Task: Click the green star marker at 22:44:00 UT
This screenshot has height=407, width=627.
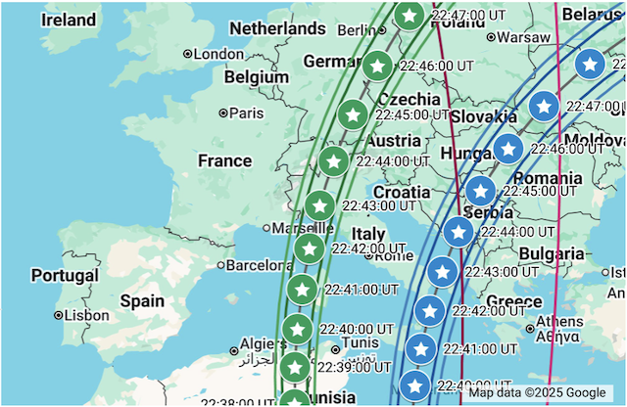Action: tap(334, 160)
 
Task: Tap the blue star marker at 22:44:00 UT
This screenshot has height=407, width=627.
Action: tap(458, 232)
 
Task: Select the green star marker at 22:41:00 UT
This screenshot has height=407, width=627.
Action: tap(303, 290)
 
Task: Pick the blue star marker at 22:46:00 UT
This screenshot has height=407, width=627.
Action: tap(507, 149)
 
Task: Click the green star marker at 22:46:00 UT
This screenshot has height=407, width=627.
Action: tap(377, 67)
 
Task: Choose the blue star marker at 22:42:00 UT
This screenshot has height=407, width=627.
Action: tap(430, 311)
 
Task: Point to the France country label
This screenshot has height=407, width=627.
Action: tap(224, 160)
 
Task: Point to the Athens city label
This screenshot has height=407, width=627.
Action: tap(559, 321)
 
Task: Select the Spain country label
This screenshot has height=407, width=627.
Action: tap(142, 301)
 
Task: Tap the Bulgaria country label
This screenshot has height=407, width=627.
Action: tap(552, 254)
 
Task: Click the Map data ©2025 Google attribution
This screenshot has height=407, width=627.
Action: tap(536, 392)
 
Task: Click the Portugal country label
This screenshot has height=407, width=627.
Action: tap(65, 276)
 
